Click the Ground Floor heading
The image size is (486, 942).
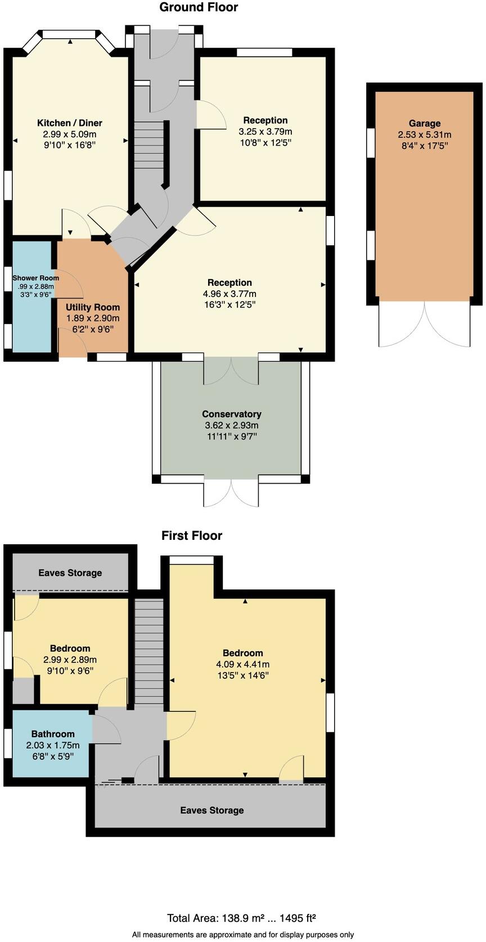click(x=199, y=7)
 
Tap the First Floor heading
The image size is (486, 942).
click(x=192, y=535)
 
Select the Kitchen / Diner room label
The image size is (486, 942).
click(x=70, y=123)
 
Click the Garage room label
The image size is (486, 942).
click(x=425, y=123)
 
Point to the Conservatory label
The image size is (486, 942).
click(x=232, y=414)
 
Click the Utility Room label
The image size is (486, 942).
click(x=93, y=307)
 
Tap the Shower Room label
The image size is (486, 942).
click(x=36, y=278)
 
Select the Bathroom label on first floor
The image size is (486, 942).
click(x=53, y=734)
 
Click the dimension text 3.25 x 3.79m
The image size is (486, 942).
click(x=265, y=132)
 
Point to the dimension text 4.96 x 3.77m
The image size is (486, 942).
click(x=229, y=294)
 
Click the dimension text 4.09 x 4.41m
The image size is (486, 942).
click(x=243, y=664)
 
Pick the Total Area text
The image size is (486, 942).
click(x=241, y=918)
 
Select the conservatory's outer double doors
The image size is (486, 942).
click(x=232, y=493)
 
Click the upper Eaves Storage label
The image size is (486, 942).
click(x=70, y=573)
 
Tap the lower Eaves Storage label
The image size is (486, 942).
click(x=212, y=810)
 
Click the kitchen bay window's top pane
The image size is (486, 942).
click(x=69, y=34)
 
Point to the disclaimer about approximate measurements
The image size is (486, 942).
click(x=243, y=935)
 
